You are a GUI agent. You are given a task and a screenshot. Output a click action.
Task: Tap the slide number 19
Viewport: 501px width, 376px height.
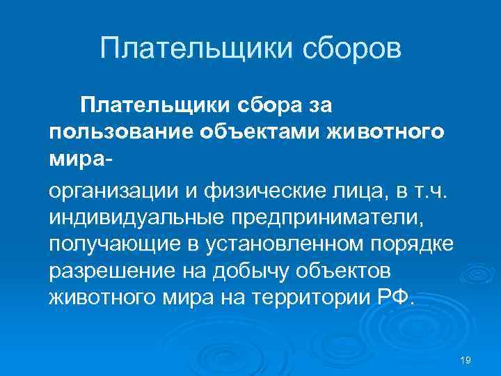pos(466,359)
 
